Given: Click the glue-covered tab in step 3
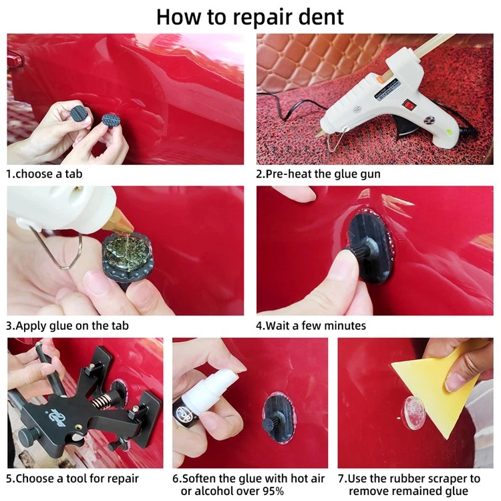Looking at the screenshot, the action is click(x=128, y=257).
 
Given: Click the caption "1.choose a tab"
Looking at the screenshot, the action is click(x=44, y=174).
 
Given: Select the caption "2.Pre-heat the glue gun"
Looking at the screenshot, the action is click(x=318, y=174).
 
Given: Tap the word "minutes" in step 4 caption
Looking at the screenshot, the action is click(x=345, y=325).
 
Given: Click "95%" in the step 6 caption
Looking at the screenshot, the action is click(x=273, y=491).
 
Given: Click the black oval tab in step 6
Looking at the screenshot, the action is click(x=279, y=419).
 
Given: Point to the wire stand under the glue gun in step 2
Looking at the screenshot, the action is click(x=335, y=138).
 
